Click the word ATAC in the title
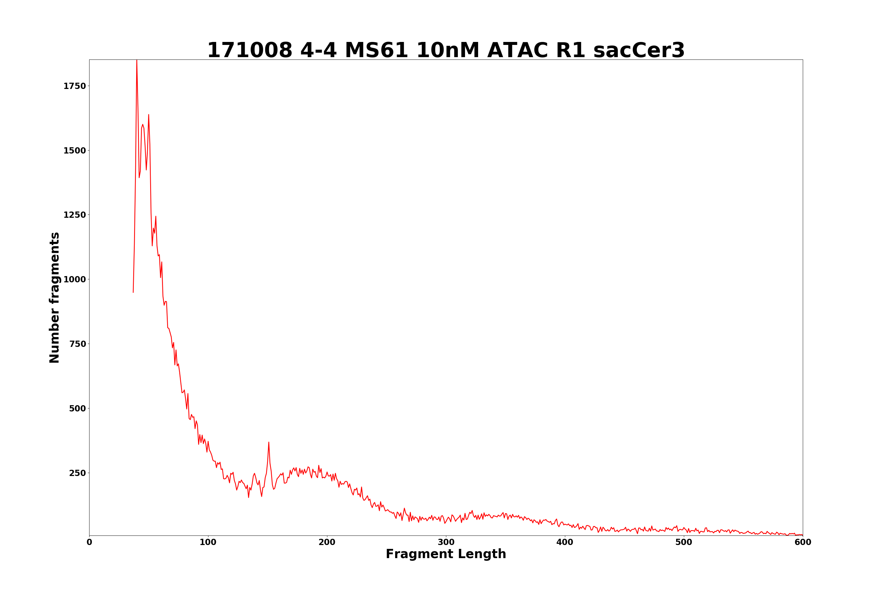click(x=517, y=51)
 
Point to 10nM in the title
click(x=447, y=51)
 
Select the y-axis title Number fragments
click(x=55, y=297)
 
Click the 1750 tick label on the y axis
click(x=75, y=86)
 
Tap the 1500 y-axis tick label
click(x=75, y=151)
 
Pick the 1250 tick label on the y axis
click(x=75, y=215)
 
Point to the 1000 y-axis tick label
click(x=75, y=280)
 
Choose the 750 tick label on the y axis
click(x=77, y=344)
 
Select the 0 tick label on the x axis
click(x=89, y=542)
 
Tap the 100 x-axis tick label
click(x=208, y=542)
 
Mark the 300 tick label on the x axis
click(x=446, y=542)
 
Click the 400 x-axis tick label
click(x=565, y=542)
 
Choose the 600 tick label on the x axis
click(x=803, y=542)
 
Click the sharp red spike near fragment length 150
click(x=268, y=442)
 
